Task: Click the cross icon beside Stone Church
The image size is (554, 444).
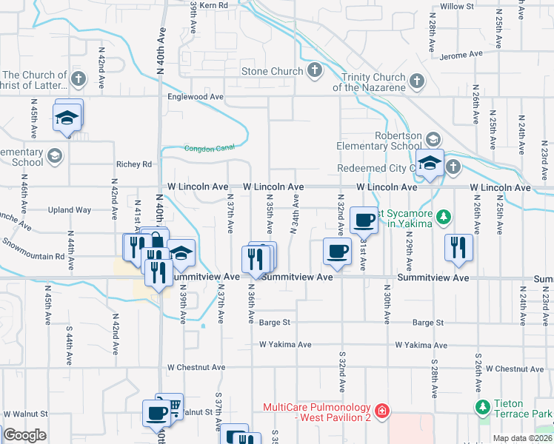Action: point(315,72)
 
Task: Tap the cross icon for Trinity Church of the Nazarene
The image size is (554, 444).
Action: point(417,80)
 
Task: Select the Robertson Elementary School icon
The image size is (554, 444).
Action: point(433,138)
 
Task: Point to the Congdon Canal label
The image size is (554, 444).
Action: point(209,148)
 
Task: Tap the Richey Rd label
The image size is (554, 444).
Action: point(133,164)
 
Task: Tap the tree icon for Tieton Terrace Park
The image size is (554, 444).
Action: point(483,407)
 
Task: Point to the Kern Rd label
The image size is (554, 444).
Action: point(213,5)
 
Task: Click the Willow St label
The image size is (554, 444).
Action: point(456,6)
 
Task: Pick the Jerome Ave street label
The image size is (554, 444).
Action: point(460,55)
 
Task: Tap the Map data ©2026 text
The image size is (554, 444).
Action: point(523,438)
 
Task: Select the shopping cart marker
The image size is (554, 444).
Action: point(171,406)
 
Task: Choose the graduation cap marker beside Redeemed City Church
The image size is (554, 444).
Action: point(429,164)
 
